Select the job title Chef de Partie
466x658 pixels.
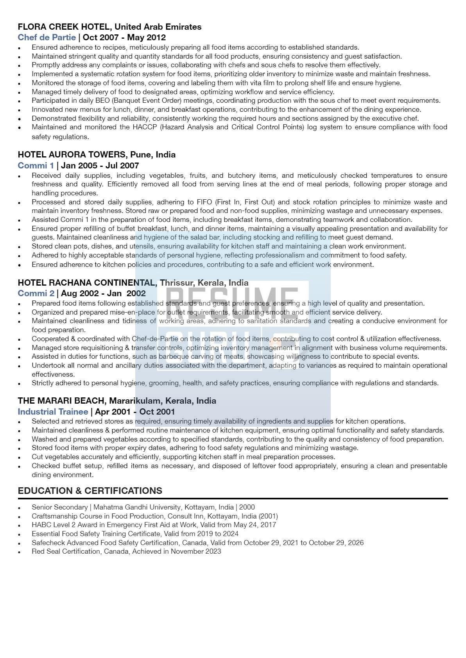tap(47, 38)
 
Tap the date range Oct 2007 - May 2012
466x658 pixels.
tap(124, 38)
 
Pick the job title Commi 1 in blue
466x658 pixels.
tap(36, 166)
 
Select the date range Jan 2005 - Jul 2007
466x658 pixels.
tap(100, 166)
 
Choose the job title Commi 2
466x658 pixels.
tap(36, 293)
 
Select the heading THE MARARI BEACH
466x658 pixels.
tap(62, 401)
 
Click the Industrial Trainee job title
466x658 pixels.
tap(53, 412)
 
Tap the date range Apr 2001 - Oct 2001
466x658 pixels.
tap(135, 412)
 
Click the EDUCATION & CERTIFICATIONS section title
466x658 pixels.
tap(90, 491)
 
